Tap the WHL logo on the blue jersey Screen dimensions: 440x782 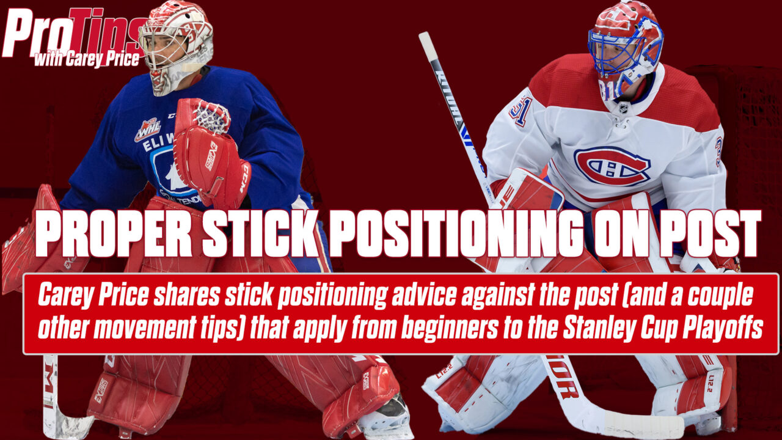point(147,129)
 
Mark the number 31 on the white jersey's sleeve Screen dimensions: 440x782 point(522,110)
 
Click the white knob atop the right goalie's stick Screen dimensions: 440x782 point(425,43)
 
